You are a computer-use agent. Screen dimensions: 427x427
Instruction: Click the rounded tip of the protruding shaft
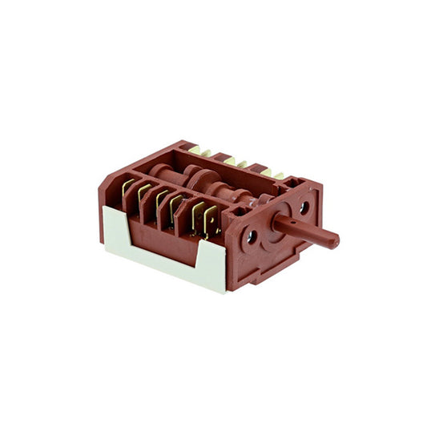(334, 240)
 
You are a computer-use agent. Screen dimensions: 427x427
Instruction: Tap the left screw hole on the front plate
(252, 236)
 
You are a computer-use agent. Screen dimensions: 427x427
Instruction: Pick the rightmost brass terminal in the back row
(278, 174)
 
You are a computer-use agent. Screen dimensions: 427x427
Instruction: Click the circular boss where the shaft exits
(276, 222)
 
